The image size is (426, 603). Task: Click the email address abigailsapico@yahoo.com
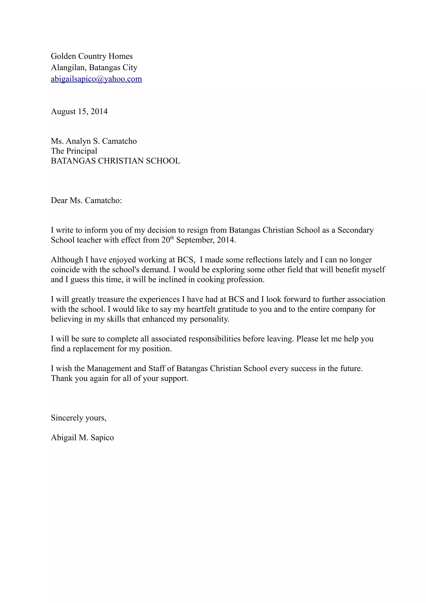pos(96,79)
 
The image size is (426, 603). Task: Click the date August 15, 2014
pos(79,111)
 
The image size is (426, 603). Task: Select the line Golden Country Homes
pos(92,56)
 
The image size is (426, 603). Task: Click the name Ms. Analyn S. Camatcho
pos(94,141)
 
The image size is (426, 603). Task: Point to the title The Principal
pos(74,151)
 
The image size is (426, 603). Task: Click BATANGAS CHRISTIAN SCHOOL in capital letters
pos(115,161)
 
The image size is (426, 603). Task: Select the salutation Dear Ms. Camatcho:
pos(86,200)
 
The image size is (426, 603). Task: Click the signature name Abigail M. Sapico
pos(82,438)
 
